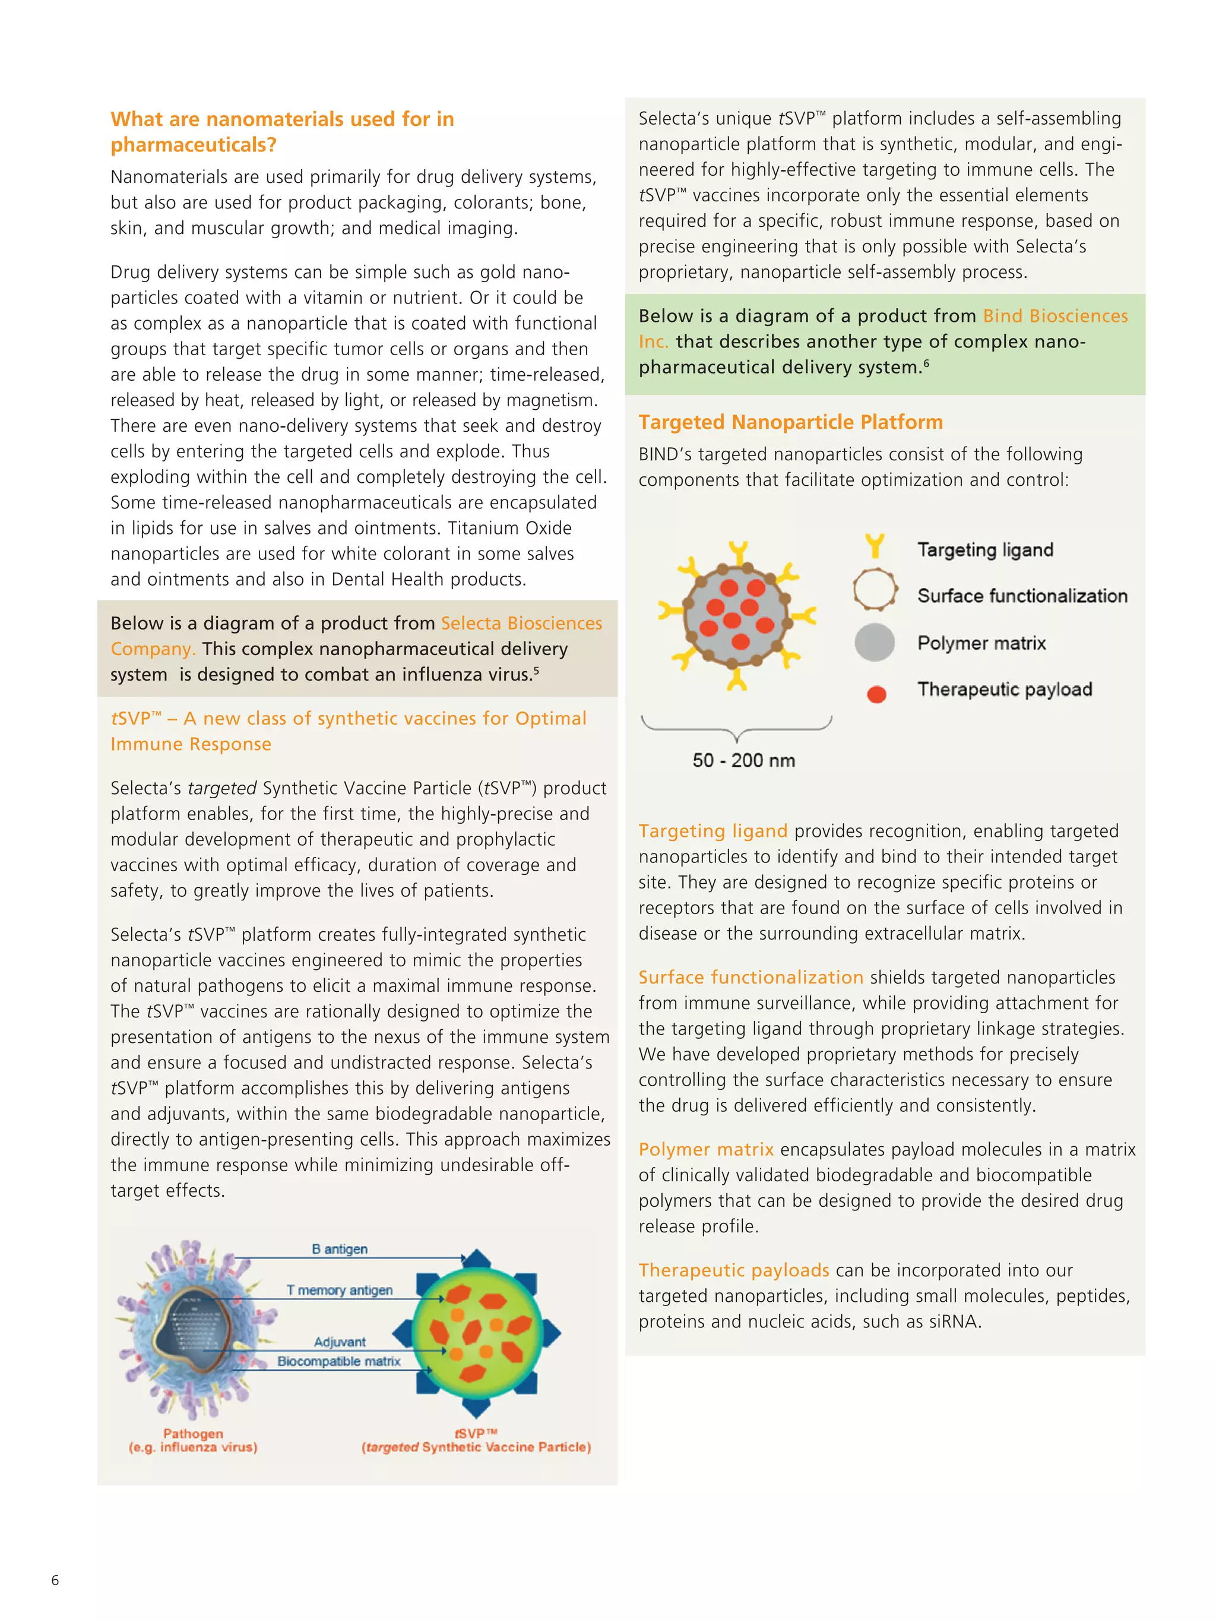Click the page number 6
55,1579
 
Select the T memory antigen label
340,1290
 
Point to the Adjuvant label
340,1342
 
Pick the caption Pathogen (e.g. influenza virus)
193,1440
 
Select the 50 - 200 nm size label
743,760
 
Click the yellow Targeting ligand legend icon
875,546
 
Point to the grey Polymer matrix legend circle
875,643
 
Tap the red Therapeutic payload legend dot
876,694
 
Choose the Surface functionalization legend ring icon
875,590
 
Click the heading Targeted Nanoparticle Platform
790,422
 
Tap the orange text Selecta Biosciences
521,623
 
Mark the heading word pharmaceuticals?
194,144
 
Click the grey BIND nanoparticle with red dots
737,615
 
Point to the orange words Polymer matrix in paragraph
706,1149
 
